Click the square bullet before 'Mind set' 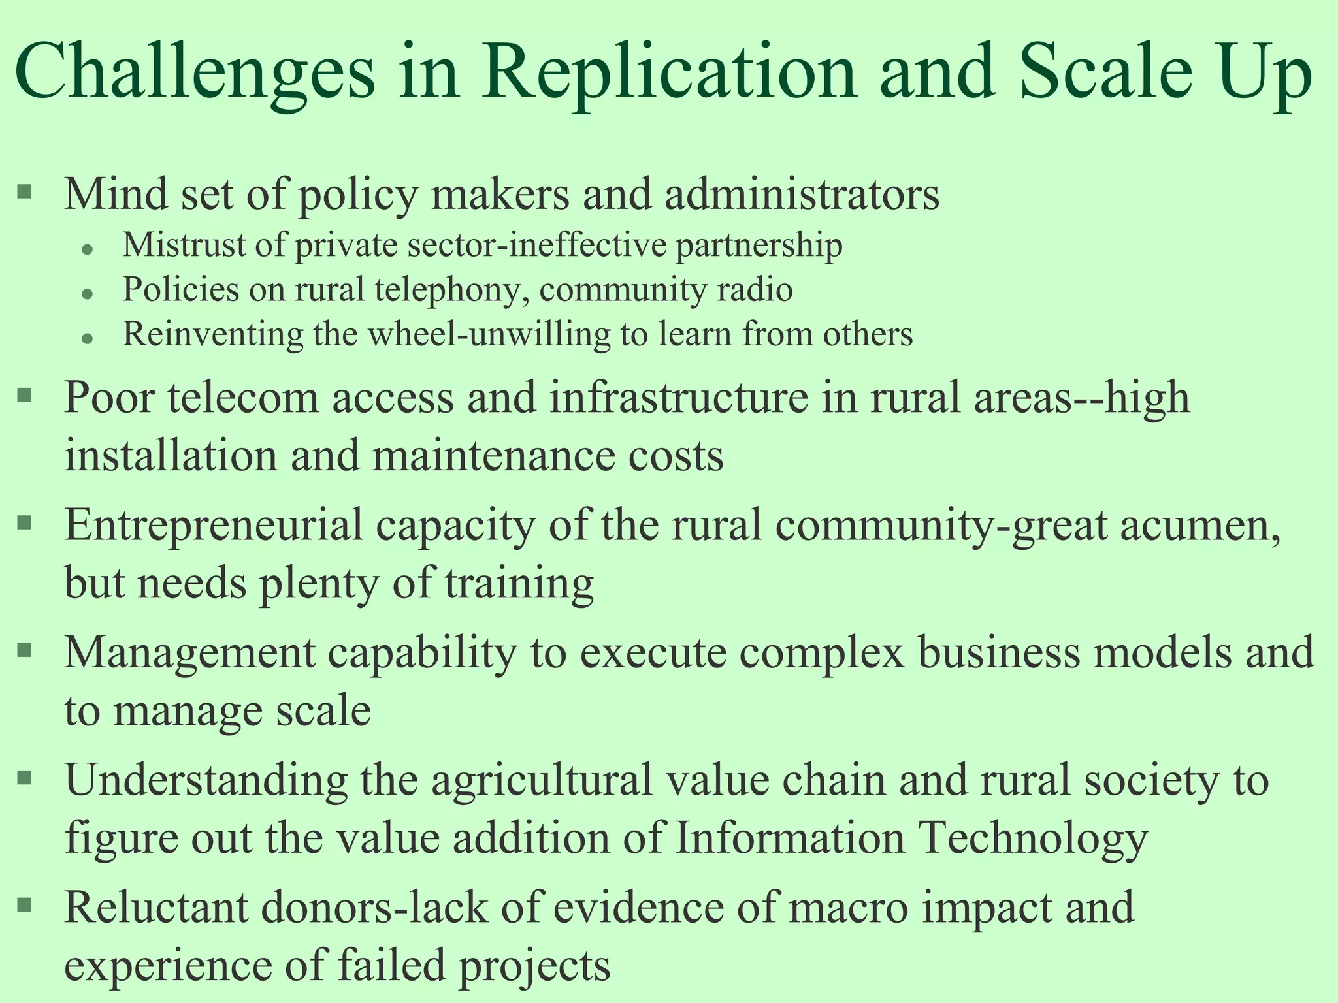point(24,191)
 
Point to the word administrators point(802,194)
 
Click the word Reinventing point(213,335)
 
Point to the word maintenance point(493,455)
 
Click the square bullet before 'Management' point(24,650)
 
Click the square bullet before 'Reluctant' point(24,905)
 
